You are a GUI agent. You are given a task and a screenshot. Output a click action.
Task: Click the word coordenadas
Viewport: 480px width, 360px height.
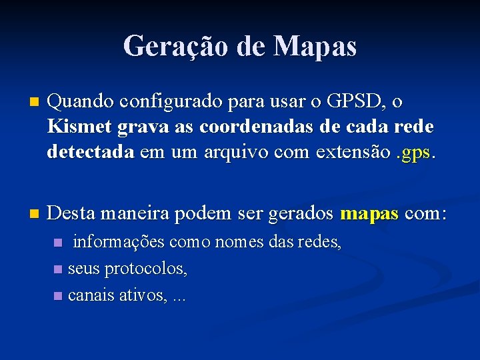[255, 127]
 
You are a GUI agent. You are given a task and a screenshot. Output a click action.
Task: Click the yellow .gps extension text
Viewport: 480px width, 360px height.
[417, 153]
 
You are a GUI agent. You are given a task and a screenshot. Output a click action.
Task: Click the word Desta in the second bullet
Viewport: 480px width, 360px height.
[71, 214]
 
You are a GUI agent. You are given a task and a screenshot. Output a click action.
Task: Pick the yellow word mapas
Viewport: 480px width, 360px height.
[369, 215]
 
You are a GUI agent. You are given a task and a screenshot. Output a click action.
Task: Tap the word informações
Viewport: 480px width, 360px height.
[118, 242]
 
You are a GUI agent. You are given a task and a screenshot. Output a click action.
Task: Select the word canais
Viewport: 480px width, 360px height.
[91, 295]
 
